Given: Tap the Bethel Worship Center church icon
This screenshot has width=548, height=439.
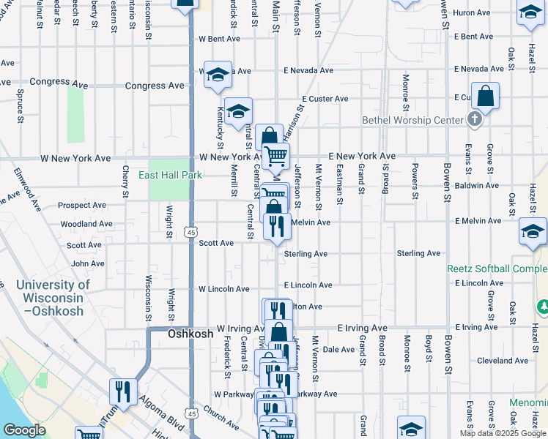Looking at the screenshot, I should [x=475, y=119].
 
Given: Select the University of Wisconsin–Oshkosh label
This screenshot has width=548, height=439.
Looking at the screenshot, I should [x=53, y=298].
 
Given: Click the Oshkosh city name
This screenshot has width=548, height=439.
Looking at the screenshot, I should [x=190, y=334].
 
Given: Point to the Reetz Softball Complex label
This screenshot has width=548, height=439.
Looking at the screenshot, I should [x=497, y=269].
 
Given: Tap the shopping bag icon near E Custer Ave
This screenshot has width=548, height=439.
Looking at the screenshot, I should [x=485, y=96].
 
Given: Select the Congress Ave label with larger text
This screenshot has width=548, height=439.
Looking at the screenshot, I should [x=155, y=86].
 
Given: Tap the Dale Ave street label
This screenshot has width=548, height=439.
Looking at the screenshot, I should [x=339, y=350].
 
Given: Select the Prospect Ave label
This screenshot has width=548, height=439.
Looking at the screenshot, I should [x=82, y=206].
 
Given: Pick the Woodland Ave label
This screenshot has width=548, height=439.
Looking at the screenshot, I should [x=86, y=224].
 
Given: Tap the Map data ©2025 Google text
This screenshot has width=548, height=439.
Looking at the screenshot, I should [x=502, y=433].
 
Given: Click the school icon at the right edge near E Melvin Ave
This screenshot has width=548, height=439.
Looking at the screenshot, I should [x=532, y=232].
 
